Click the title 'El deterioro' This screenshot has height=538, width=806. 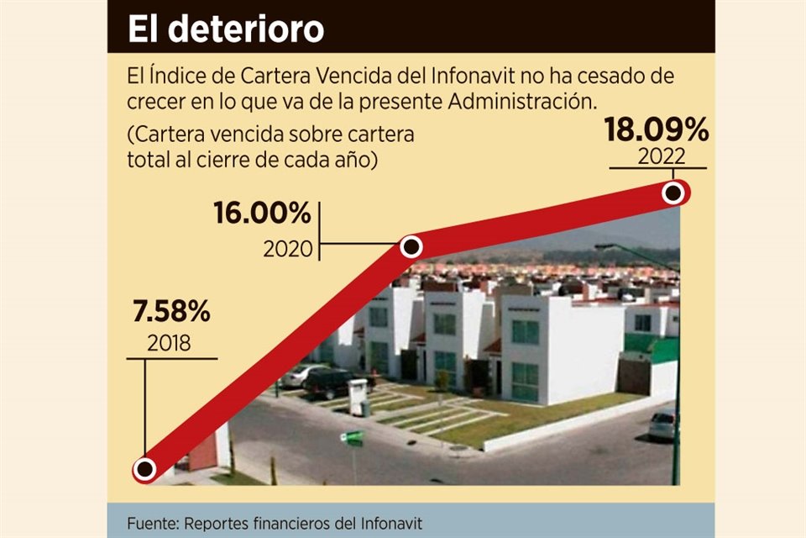(226, 29)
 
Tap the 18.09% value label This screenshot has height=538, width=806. (657, 132)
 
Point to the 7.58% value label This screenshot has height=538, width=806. (171, 313)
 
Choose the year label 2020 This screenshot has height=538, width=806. (287, 249)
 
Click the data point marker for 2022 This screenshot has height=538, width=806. (673, 193)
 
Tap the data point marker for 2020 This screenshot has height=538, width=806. (411, 246)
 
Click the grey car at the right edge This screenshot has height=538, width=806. (662, 425)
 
